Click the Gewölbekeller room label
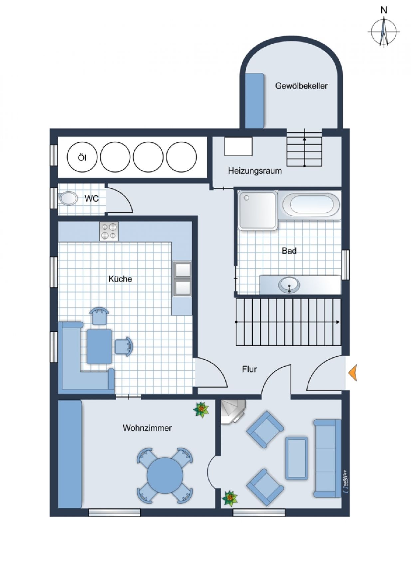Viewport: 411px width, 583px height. click(301, 86)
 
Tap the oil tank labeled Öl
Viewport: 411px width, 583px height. click(82, 157)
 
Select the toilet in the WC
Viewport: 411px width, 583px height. click(68, 198)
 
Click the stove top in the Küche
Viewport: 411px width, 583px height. click(109, 231)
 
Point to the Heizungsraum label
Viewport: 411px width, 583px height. click(255, 171)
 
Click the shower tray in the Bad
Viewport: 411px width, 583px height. click(258, 210)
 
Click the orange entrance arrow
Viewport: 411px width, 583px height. click(353, 373)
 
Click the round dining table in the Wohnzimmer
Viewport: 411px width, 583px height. click(165, 475)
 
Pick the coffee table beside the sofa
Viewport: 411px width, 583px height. click(297, 458)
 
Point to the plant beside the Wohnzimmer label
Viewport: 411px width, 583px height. click(201, 410)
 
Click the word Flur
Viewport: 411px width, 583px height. click(249, 369)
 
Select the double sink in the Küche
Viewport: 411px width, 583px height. click(182, 279)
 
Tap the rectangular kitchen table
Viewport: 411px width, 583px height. click(100, 346)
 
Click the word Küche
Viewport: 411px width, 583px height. click(120, 279)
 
